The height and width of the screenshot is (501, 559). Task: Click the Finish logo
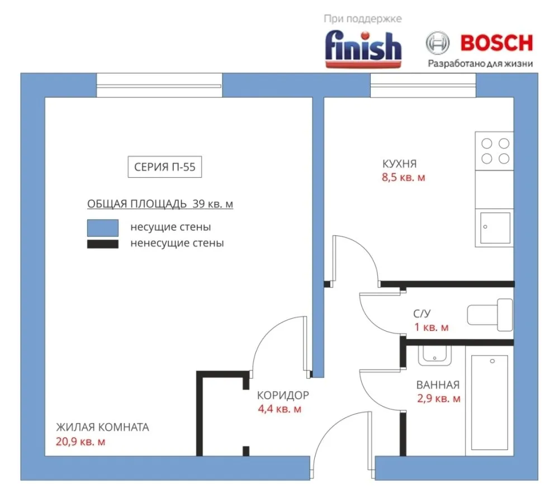pyautogui.click(x=363, y=50)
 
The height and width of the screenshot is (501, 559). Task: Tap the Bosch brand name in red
pyautogui.click(x=496, y=43)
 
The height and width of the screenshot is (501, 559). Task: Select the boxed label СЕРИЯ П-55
pyautogui.click(x=165, y=167)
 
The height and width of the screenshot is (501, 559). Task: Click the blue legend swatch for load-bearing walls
pyautogui.click(x=103, y=228)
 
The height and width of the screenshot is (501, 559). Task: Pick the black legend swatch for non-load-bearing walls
pyautogui.click(x=103, y=244)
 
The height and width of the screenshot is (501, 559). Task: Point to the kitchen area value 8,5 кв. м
pyautogui.click(x=404, y=177)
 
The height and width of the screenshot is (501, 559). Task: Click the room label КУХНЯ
pyautogui.click(x=399, y=164)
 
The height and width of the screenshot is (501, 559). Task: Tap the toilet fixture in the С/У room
pyautogui.click(x=490, y=314)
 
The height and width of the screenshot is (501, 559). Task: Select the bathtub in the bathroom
pyautogui.click(x=490, y=402)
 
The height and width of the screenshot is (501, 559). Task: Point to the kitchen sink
pyautogui.click(x=495, y=228)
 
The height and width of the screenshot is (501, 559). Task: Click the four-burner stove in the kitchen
pyautogui.click(x=495, y=151)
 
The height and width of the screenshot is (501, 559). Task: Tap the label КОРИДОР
pyautogui.click(x=283, y=395)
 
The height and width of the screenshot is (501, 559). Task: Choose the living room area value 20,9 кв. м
pyautogui.click(x=80, y=442)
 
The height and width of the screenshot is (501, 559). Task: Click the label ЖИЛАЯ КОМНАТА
pyautogui.click(x=102, y=427)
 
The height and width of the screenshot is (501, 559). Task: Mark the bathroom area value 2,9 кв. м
pyautogui.click(x=439, y=398)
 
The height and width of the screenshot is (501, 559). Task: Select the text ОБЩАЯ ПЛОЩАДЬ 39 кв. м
pyautogui.click(x=160, y=204)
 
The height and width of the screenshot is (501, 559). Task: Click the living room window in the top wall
pyautogui.click(x=159, y=85)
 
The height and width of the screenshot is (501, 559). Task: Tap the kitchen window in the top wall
pyautogui.click(x=423, y=85)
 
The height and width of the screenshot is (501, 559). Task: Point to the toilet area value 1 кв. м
pyautogui.click(x=432, y=327)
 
